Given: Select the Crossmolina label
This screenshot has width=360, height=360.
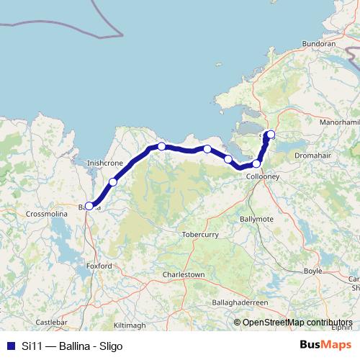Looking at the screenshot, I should pyautogui.click(x=45, y=214).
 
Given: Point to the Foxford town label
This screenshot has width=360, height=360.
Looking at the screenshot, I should pyautogui.click(x=100, y=266).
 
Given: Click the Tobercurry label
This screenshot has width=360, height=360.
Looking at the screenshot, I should pyautogui.click(x=200, y=234).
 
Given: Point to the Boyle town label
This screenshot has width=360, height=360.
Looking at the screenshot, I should pyautogui.click(x=313, y=271).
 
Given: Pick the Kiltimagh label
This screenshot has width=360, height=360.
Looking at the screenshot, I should pyautogui.click(x=130, y=325).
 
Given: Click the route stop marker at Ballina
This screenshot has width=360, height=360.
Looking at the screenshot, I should pyautogui.click(x=89, y=205).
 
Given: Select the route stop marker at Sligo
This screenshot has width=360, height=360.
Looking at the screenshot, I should pyautogui.click(x=271, y=134).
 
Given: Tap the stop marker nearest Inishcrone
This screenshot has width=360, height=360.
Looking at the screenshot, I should pyautogui.click(x=113, y=182).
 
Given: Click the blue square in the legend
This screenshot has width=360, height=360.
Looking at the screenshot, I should pyautogui.click(x=11, y=345).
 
